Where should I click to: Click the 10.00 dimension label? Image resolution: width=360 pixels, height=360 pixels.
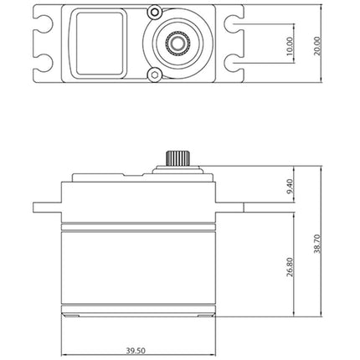tap(290, 46)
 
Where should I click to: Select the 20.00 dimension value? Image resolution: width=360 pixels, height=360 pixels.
tap(317, 46)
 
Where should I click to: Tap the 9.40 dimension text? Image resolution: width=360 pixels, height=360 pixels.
tap(290, 186)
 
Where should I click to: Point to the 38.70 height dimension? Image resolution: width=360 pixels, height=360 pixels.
tap(317, 244)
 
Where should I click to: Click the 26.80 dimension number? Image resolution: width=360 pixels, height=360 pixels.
tap(290, 267)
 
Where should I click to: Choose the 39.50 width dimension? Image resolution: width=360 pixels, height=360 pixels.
tap(136, 351)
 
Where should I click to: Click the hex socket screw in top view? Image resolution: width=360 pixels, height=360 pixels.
tap(155, 75)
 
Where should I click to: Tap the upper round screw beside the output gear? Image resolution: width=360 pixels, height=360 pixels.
tap(154, 12)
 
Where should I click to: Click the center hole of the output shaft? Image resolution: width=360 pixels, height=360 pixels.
tap(177, 43)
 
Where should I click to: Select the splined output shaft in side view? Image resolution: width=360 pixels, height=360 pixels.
tap(178, 158)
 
